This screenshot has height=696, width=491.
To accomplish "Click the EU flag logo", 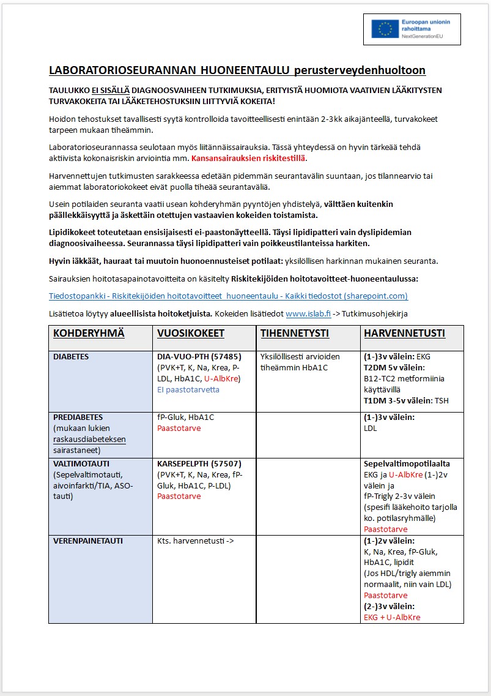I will (385, 29).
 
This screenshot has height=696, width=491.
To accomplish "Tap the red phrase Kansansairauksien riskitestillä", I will (248, 159).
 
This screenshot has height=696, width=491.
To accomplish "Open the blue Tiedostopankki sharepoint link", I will (228, 296).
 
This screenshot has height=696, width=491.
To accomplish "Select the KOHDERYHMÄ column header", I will (89, 334).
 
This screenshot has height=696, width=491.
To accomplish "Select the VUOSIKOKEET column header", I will (190, 334).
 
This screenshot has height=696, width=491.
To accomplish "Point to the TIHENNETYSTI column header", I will (295, 334).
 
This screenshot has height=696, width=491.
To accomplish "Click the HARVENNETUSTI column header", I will (404, 334).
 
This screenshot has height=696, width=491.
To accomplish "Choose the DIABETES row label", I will (71, 356).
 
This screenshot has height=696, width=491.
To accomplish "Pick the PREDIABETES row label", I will (78, 417).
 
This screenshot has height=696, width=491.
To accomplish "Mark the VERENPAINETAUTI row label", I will (88, 541).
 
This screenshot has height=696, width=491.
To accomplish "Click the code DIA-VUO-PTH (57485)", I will (199, 356).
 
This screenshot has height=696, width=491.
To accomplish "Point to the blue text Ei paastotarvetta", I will (188, 389).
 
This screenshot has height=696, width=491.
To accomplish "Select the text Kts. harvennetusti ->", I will (196, 541).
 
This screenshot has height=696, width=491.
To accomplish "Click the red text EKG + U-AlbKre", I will (392, 618).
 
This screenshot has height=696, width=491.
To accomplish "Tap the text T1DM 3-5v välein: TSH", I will (406, 400).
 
